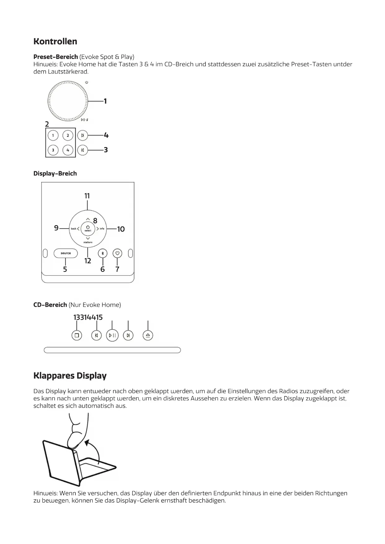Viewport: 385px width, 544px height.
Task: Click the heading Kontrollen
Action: click(55, 42)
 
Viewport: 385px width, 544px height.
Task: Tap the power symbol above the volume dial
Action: click(87, 82)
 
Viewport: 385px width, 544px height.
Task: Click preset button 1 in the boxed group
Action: click(53, 136)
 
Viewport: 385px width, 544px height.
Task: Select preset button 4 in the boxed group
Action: click(68, 150)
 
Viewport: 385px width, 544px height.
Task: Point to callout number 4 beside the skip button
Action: click(106, 136)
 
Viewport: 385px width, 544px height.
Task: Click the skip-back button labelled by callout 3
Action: click(83, 150)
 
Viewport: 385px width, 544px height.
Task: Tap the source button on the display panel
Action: click(65, 253)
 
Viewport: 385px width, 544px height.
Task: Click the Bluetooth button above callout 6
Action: click(103, 253)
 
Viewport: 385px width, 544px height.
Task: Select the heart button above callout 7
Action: click(117, 253)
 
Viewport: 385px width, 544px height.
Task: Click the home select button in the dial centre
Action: click(88, 229)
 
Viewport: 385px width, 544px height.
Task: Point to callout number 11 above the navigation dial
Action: click(87, 196)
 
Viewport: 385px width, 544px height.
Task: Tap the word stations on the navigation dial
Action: click(88, 242)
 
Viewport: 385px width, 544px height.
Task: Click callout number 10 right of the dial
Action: click(121, 229)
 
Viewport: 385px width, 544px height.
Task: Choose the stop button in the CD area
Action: click(77, 335)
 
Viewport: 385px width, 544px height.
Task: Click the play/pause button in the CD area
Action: click(112, 335)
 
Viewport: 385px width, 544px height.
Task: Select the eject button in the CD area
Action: click(148, 335)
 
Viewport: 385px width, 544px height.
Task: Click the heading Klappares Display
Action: click(70, 376)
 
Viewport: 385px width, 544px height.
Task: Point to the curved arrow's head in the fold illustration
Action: click(87, 442)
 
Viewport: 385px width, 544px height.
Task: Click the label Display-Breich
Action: click(55, 174)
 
